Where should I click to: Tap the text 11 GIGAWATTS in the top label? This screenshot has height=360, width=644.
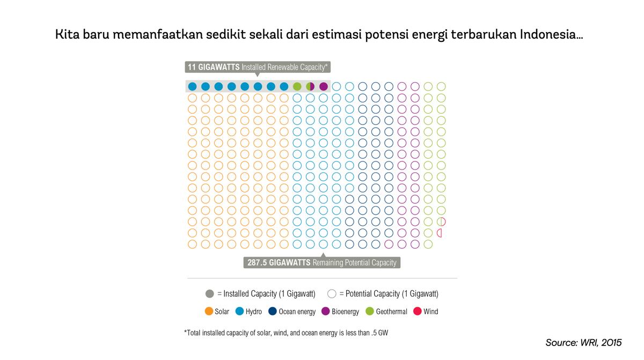(x=213, y=67)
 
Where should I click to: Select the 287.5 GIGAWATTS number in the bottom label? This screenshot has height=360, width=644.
(x=279, y=262)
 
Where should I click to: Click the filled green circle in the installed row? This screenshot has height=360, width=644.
(x=297, y=86)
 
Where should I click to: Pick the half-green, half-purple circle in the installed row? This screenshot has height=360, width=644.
(x=310, y=86)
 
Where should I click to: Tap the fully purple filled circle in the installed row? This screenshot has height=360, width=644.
(x=324, y=86)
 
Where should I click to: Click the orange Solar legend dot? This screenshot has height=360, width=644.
(x=209, y=311)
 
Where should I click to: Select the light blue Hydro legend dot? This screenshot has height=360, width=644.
(x=240, y=311)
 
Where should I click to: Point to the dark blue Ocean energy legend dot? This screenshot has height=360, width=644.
(x=273, y=311)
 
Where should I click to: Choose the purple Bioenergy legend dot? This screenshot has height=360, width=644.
(x=325, y=311)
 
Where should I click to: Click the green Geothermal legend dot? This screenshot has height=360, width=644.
(x=369, y=311)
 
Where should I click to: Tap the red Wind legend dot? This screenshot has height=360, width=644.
(x=417, y=311)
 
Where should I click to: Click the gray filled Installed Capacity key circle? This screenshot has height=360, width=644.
(x=210, y=293)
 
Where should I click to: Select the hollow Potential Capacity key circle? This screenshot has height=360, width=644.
(x=332, y=293)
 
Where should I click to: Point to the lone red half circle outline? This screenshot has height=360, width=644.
(x=440, y=233)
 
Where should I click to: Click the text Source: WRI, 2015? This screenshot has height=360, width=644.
(x=583, y=342)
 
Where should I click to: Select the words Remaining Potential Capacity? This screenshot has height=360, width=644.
(x=355, y=262)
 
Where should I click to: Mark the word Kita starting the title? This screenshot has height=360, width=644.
(x=68, y=35)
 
